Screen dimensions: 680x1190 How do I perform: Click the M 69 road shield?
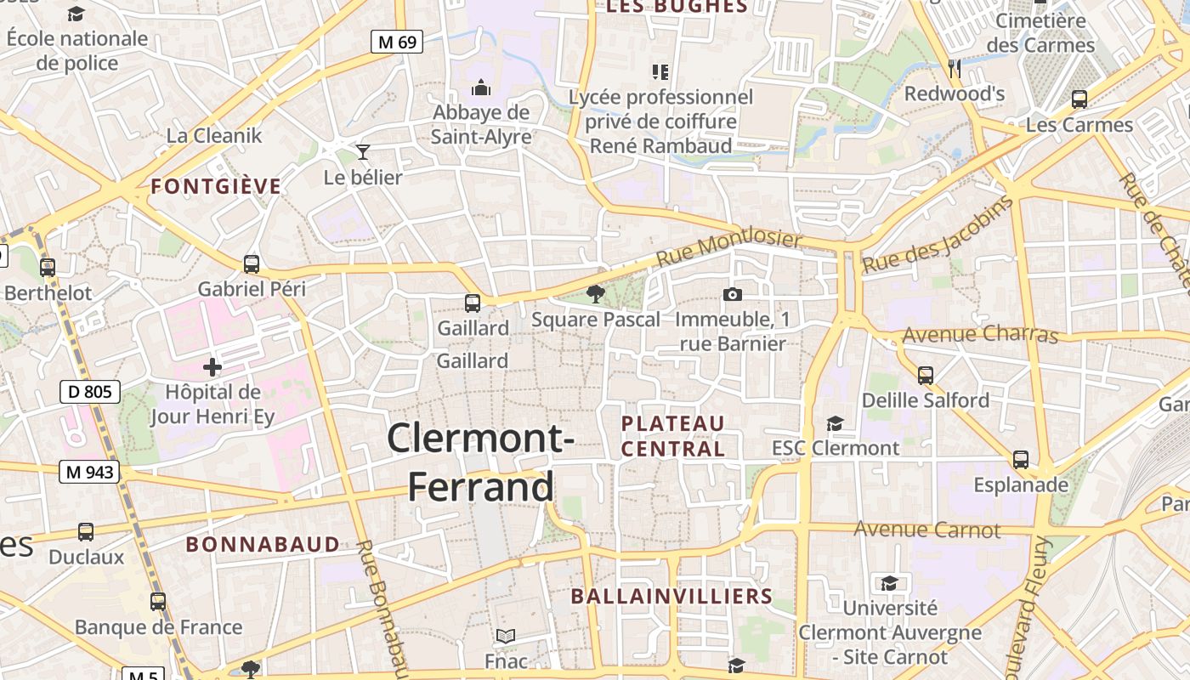point(397,42)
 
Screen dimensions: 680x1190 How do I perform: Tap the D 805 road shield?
point(90,392)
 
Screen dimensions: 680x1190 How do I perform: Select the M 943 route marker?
point(89,472)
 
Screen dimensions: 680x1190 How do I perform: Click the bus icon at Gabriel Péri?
point(251,263)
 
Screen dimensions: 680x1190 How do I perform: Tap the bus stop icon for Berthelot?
point(48,268)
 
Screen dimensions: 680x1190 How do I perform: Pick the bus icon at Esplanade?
point(1021,460)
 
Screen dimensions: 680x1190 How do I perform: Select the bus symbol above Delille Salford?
point(926,375)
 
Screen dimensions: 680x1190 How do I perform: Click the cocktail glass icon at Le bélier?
point(363,152)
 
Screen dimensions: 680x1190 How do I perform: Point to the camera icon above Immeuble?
point(732,295)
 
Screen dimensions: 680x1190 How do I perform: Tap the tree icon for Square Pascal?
point(596,294)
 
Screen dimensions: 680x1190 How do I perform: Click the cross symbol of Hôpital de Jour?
point(212,367)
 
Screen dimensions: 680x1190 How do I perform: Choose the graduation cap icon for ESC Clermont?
point(835,423)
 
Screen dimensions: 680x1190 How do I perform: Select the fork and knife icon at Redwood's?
point(955,68)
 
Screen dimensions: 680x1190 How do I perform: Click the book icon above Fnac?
point(506,636)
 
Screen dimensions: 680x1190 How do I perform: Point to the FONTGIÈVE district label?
point(216,187)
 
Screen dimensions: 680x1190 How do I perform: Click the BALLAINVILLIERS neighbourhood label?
point(671,597)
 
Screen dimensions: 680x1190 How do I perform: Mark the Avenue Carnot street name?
point(927,530)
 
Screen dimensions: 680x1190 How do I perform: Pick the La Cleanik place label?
point(214,135)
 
